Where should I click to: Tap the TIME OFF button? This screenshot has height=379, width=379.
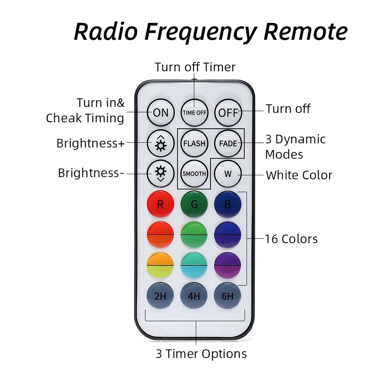coord(194,112)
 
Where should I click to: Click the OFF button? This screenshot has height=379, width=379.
coord(228,112)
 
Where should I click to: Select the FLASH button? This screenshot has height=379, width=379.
coord(194,143)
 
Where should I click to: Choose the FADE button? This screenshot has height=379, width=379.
coord(228,143)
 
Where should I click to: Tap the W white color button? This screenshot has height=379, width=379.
coord(228,173)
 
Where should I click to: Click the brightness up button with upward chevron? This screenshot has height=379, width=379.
coord(161,143)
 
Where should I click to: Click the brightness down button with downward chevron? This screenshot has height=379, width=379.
coord(161,173)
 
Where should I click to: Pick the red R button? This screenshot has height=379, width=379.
coord(160,204)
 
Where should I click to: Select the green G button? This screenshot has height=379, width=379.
coord(194,204)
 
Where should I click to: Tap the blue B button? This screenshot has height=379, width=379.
coord(228,204)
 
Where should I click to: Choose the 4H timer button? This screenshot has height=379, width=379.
coord(194,296)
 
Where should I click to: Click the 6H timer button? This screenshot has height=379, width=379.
coord(228,296)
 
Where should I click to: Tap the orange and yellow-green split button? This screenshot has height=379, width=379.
coord(160,265)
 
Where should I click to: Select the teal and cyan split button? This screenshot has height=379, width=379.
coord(194,265)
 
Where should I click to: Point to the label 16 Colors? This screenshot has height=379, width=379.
coord(291,239)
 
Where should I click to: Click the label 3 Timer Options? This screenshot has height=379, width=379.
coord(201,354)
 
